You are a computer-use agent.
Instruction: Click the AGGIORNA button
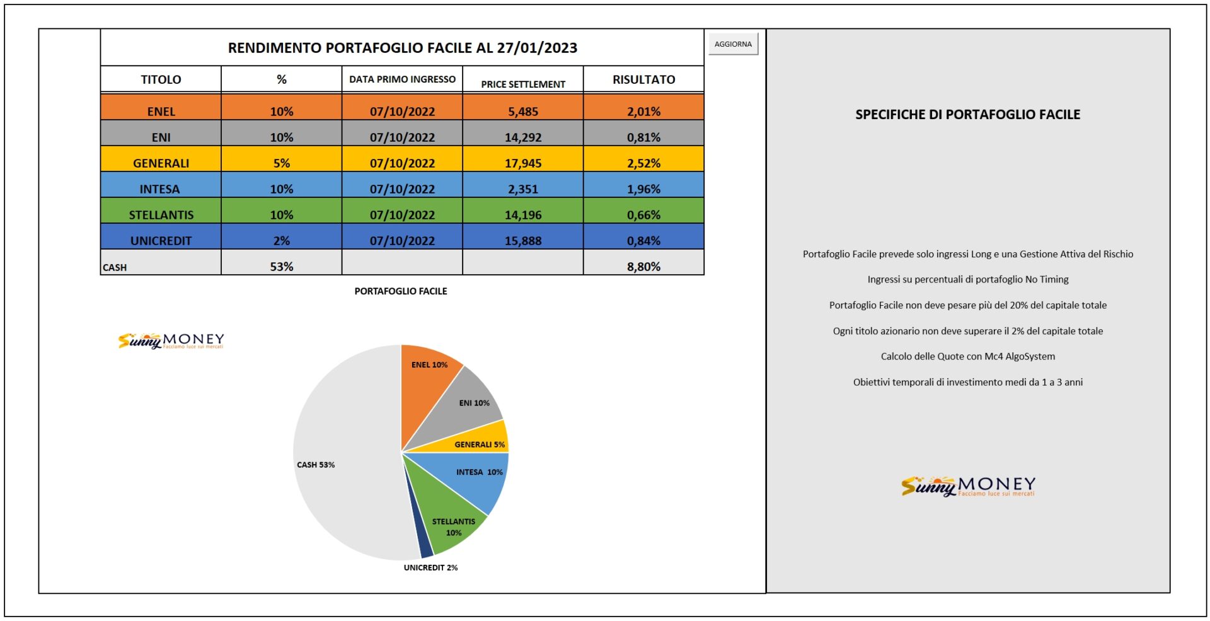point(733,44)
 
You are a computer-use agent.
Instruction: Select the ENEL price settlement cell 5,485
point(523,107)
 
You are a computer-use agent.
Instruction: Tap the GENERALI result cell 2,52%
point(643,159)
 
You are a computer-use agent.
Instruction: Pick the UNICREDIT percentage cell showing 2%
point(282,236)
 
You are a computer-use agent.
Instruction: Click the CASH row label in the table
point(115,267)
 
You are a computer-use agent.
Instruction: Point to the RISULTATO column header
point(643,79)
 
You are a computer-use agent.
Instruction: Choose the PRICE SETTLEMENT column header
point(523,84)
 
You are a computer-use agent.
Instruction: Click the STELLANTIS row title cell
point(161,211)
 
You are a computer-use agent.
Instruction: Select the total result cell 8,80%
point(643,262)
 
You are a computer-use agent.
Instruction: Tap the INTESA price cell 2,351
point(523,185)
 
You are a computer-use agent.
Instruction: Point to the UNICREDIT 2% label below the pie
point(431,567)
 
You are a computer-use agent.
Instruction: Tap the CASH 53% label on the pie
point(316,465)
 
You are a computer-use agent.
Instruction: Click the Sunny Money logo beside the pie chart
point(171,340)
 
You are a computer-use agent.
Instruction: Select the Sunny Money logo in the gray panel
point(968,486)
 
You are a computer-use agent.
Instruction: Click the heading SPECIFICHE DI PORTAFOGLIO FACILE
point(967,114)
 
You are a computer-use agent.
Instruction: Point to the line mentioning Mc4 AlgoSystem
point(967,356)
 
